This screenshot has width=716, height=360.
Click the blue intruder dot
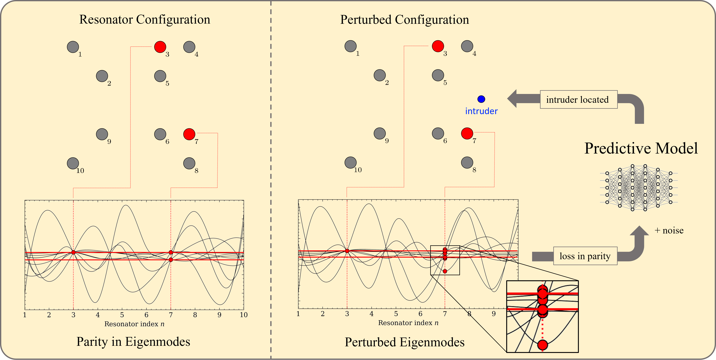(x=481, y=99)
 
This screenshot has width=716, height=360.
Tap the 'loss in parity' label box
(x=585, y=256)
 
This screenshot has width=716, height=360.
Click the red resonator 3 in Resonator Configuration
(x=160, y=47)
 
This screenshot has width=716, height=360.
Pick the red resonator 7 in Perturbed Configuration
(x=467, y=133)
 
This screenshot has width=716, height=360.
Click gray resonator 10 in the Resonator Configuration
(x=73, y=163)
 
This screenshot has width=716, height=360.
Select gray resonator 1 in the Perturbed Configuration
(x=351, y=46)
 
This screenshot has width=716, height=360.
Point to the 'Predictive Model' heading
(x=641, y=148)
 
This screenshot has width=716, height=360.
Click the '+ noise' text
(x=669, y=230)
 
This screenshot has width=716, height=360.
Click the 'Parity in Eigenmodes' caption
(x=133, y=342)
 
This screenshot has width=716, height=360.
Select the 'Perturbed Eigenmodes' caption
(x=405, y=342)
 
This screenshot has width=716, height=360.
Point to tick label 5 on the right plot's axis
(x=396, y=314)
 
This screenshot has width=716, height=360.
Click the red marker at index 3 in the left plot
(x=73, y=252)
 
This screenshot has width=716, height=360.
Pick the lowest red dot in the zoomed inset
(x=542, y=345)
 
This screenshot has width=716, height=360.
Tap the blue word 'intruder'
(x=481, y=111)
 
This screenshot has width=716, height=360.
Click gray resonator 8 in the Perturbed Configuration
(x=467, y=162)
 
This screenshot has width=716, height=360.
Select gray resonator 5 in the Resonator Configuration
(x=160, y=76)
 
